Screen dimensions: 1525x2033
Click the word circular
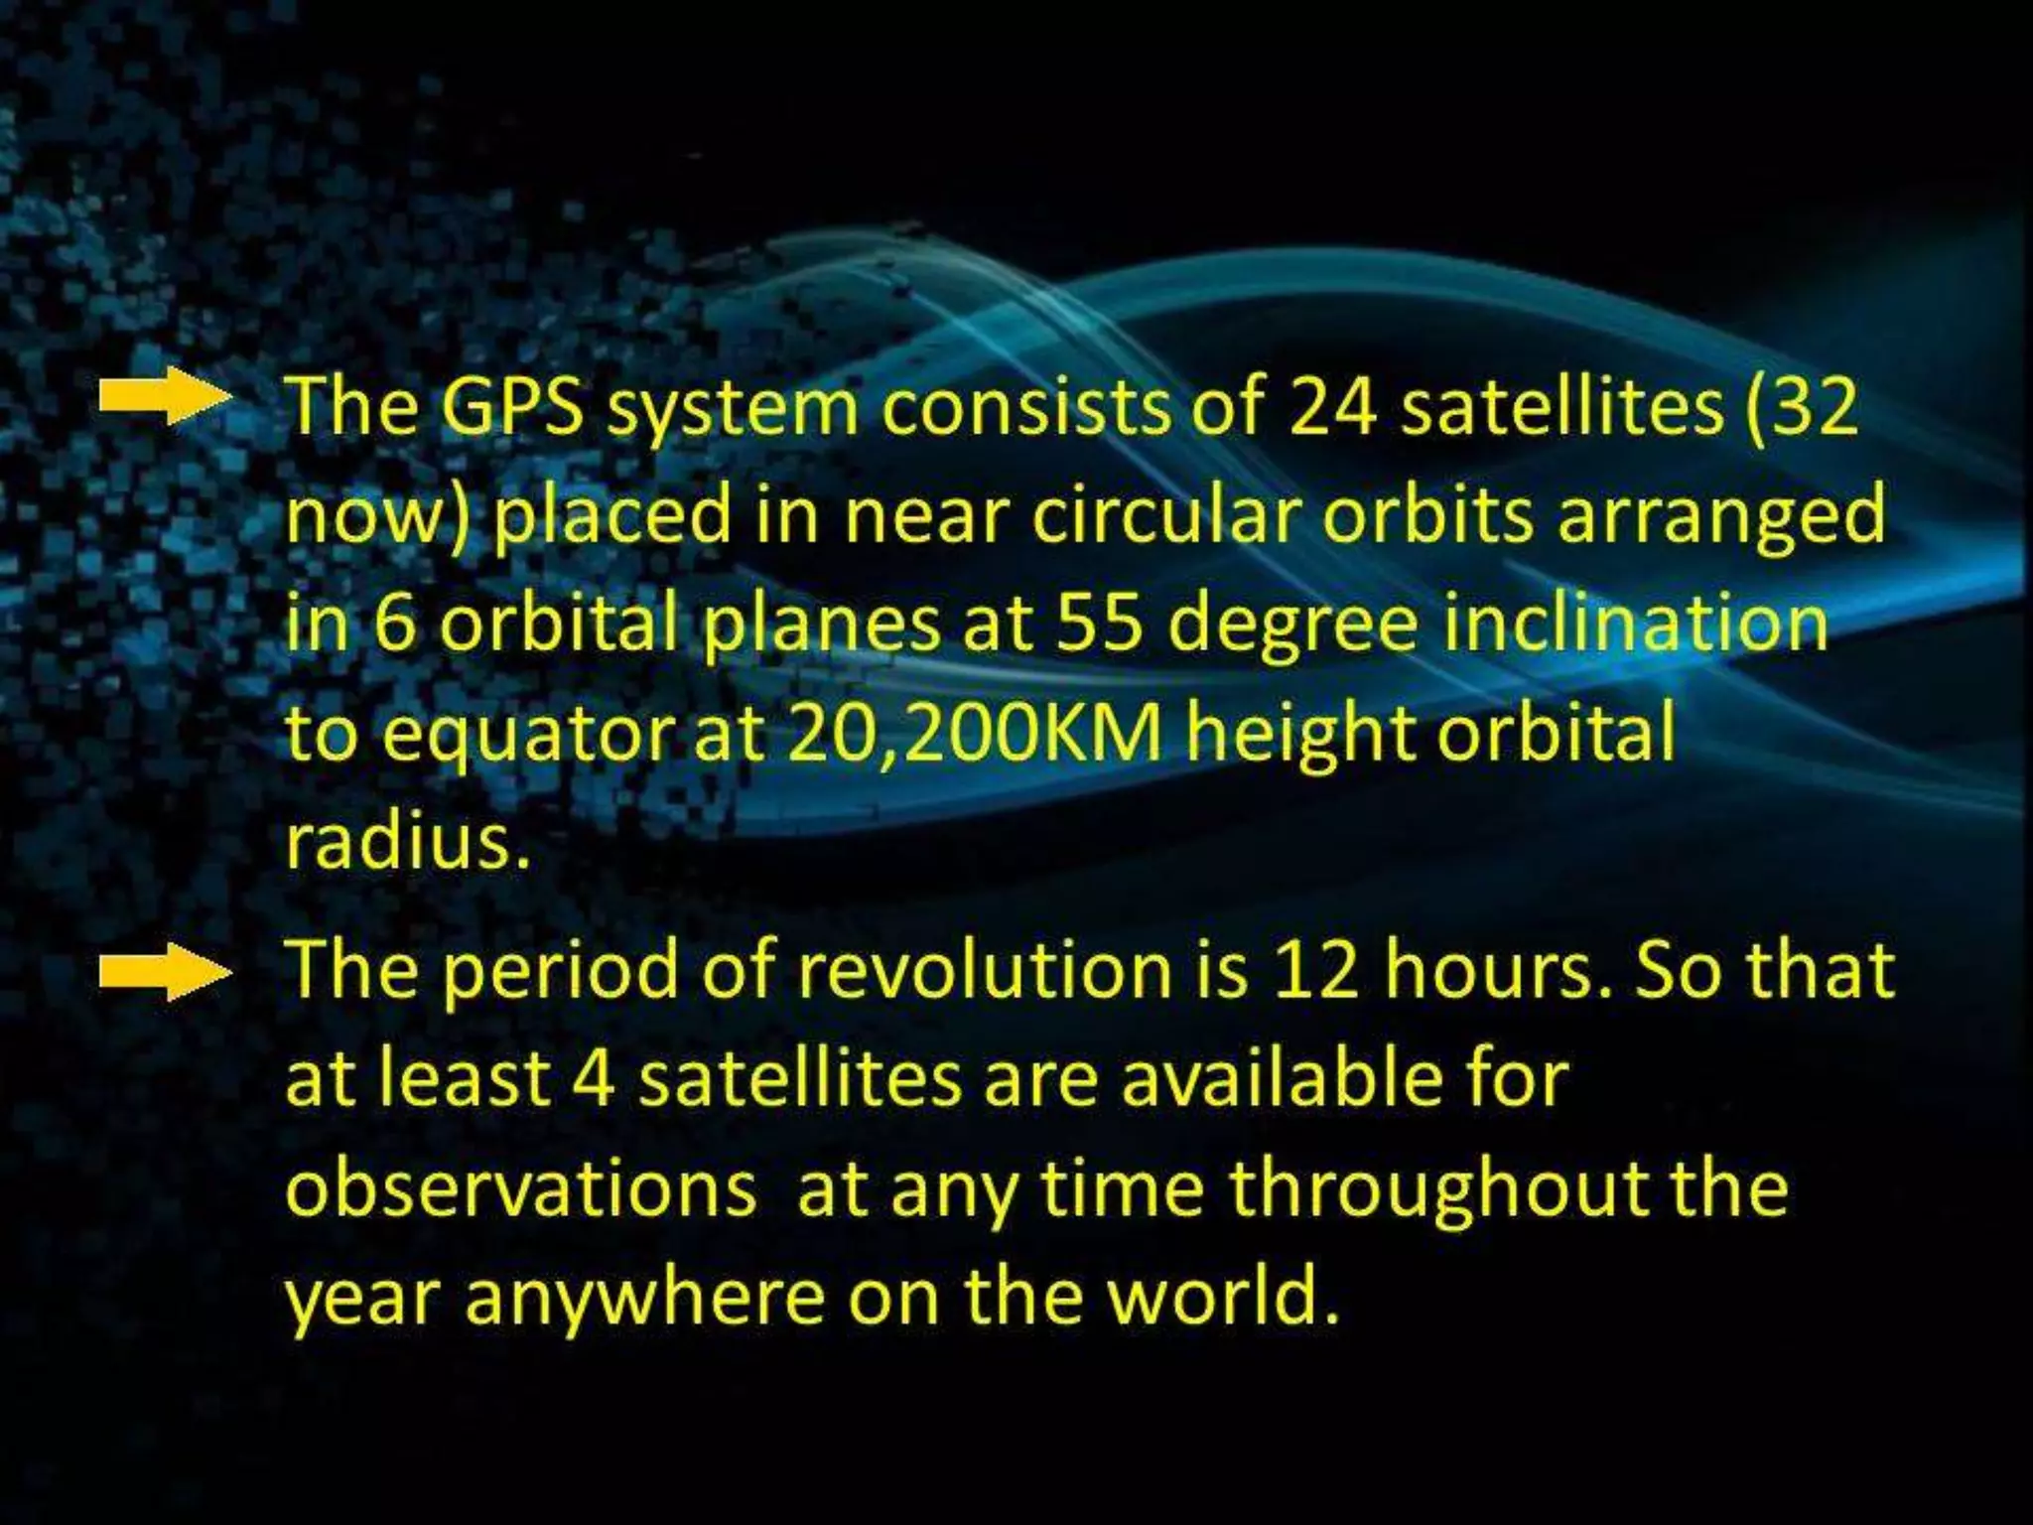click(1167, 518)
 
